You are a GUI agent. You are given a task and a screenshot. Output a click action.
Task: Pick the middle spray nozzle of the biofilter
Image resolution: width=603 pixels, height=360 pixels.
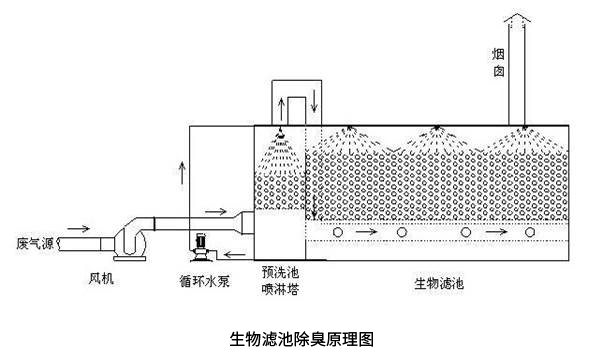click(x=436, y=128)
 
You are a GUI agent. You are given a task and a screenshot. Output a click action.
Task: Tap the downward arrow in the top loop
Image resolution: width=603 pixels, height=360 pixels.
click(x=318, y=103)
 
